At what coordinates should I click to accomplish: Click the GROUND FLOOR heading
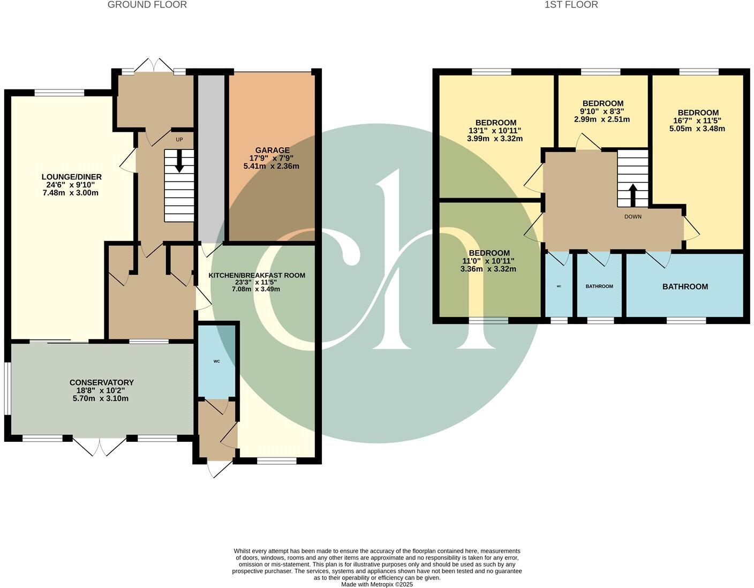147,5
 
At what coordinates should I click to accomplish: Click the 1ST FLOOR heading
571,5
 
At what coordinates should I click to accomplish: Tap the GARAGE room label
272,150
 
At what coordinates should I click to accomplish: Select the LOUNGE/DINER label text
72,177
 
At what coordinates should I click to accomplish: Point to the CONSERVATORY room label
101,382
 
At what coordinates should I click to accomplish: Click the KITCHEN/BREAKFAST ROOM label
257,275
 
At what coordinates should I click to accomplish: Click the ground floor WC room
217,361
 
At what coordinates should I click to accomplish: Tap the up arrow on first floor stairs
632,195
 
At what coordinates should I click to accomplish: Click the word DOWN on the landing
632,217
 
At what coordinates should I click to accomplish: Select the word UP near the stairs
179,140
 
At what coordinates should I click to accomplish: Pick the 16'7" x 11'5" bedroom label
698,112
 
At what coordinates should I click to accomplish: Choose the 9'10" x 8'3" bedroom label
602,103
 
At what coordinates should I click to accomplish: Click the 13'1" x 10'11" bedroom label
495,123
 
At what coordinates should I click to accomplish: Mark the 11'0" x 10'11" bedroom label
488,253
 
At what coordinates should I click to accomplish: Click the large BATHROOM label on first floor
685,287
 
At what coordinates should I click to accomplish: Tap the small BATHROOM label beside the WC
599,287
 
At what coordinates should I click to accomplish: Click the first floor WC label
559,287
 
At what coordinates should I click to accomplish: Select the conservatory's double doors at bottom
100,446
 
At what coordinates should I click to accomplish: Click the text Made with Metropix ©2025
377,584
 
